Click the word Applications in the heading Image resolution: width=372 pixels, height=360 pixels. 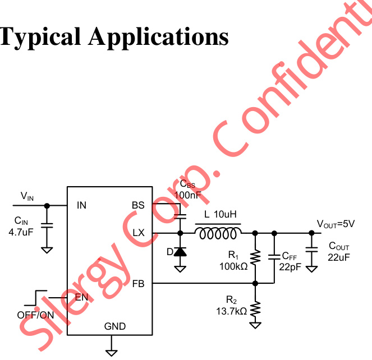click(158, 37)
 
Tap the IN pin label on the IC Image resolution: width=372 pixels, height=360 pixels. click(81, 205)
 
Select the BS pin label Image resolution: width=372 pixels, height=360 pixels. click(138, 205)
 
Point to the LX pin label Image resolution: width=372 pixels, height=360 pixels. click(138, 233)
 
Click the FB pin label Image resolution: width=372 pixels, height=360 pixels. click(138, 284)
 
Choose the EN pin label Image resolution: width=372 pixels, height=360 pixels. click(81, 297)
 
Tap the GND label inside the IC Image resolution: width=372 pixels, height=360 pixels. click(115, 326)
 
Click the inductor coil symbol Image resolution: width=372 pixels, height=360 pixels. click(218, 233)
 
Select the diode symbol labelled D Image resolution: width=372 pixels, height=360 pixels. click(180, 252)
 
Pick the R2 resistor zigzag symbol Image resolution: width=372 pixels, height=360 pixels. click(255, 308)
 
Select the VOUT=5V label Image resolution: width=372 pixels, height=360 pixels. click(336, 224)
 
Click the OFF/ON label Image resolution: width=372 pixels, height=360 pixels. click(35, 315)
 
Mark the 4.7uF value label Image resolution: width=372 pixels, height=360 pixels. click(21, 230)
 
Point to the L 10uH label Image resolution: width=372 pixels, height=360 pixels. click(221, 214)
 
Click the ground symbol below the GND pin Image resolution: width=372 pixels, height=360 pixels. click(112, 352)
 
